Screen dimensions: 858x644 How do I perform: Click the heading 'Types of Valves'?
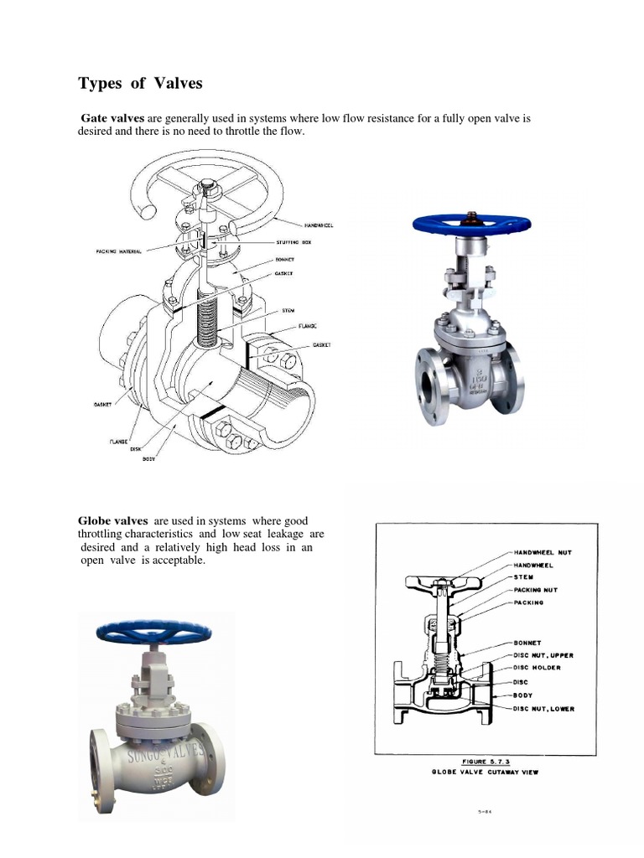tap(140, 83)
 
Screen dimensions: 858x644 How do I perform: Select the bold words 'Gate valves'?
tap(113, 119)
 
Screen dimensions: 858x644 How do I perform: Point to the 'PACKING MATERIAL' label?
tap(119, 251)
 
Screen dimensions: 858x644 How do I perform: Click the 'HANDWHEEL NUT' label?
tap(544, 554)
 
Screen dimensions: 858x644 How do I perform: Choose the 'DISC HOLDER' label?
tap(537, 668)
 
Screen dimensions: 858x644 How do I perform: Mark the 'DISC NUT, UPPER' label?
tap(543, 655)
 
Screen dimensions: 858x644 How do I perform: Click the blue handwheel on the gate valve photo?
tap(471, 224)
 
